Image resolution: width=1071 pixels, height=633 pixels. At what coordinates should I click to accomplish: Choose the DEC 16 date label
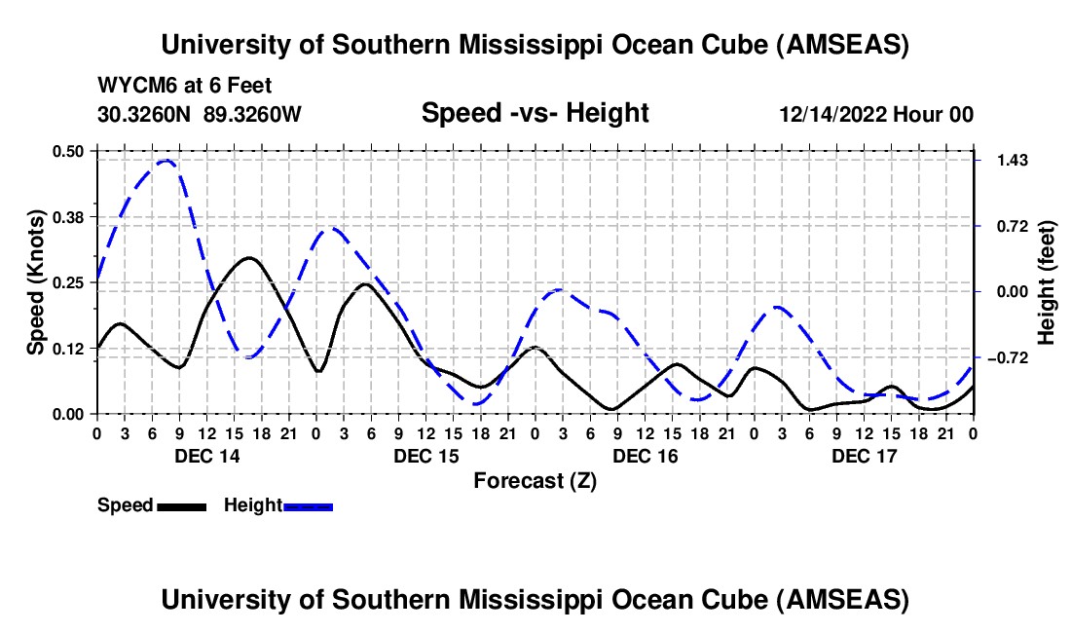(x=646, y=456)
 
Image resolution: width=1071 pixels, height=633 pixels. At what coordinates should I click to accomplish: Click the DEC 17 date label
(x=864, y=456)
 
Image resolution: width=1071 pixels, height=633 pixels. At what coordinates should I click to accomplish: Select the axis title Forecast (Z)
(x=535, y=480)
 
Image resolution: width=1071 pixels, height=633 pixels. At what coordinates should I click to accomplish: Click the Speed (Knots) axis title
(x=36, y=282)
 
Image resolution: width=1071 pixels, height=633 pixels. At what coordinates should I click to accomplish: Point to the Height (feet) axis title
(x=1047, y=282)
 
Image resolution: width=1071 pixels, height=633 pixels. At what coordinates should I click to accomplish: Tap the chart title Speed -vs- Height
(x=535, y=113)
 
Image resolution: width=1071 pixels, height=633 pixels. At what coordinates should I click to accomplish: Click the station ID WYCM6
(x=131, y=85)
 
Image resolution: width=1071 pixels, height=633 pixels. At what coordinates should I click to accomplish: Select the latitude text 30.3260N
(x=145, y=114)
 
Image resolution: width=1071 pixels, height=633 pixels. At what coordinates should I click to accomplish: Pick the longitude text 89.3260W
(x=253, y=114)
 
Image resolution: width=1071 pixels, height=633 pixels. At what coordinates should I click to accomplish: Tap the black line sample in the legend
(x=181, y=505)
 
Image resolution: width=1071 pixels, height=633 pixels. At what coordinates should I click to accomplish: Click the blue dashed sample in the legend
(x=309, y=505)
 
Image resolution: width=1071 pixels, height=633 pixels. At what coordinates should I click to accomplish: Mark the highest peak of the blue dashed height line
(x=166, y=161)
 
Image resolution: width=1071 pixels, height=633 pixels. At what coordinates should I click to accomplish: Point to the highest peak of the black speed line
(x=250, y=258)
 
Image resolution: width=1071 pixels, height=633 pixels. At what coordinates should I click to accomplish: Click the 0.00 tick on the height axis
(x=1009, y=291)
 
